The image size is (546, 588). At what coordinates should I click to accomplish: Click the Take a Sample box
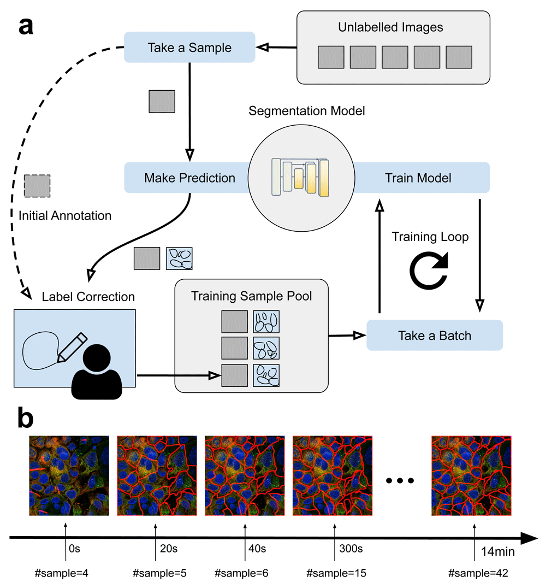(x=189, y=48)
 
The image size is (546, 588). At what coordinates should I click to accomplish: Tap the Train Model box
(x=418, y=178)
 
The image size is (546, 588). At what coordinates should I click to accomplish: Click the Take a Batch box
(x=435, y=335)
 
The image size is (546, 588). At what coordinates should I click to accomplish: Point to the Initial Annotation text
(x=64, y=216)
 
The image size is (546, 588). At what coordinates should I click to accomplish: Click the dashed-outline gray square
(x=37, y=186)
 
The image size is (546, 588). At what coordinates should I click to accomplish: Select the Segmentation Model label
(x=306, y=111)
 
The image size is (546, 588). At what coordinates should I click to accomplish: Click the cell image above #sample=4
(x=69, y=476)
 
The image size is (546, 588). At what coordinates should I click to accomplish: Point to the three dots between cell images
(x=401, y=480)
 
